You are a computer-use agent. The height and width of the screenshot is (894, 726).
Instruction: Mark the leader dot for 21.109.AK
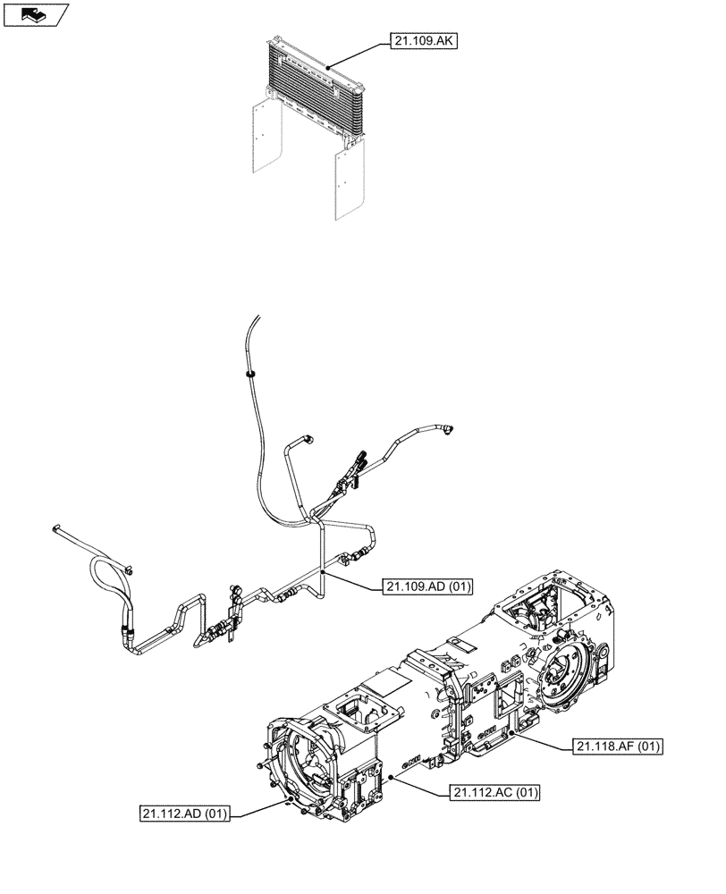pyautogui.click(x=329, y=66)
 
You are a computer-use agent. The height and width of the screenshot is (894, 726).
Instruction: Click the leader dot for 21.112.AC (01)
pyautogui.click(x=392, y=778)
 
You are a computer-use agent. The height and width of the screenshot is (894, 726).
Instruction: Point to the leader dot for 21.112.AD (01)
pyautogui.click(x=286, y=802)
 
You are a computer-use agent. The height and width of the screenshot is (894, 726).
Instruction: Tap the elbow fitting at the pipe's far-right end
pyautogui.click(x=447, y=432)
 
